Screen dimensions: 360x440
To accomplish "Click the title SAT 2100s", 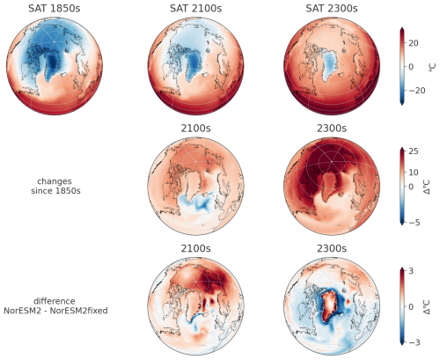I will pos(193,8).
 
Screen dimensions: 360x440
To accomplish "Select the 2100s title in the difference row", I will pos(193,248).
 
